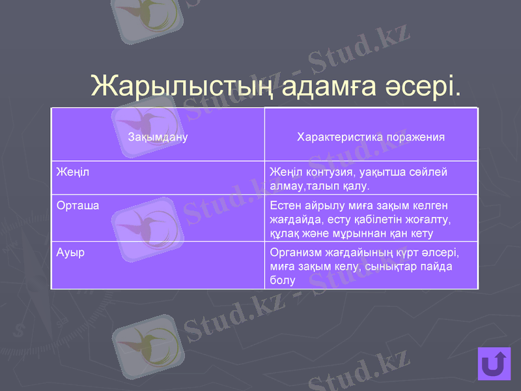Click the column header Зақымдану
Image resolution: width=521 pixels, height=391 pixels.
pyautogui.click(x=158, y=138)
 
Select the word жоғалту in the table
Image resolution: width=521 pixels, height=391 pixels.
pyautogui.click(x=427, y=219)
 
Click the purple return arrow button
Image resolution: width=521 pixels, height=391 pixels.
pyautogui.click(x=494, y=364)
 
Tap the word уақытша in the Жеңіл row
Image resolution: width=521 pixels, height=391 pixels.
pyautogui.click(x=378, y=172)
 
